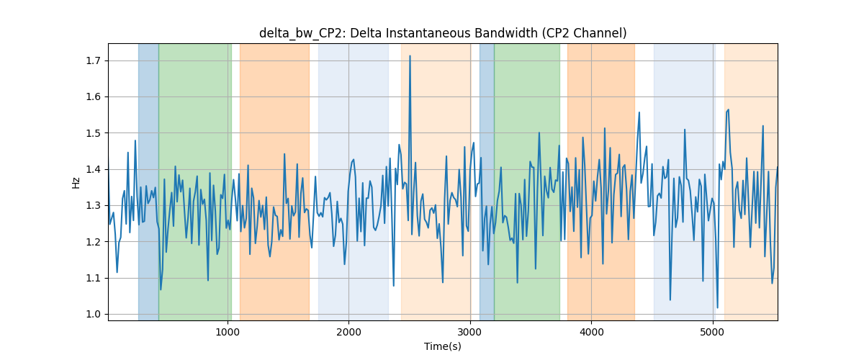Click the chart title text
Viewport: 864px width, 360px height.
pyautogui.click(x=443, y=33)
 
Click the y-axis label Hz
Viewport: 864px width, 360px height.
pyautogui.click(x=76, y=182)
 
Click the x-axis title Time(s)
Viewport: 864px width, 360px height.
pyautogui.click(x=443, y=346)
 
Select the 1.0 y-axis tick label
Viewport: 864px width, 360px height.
pyautogui.click(x=94, y=314)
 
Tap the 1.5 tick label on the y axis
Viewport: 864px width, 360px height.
pyautogui.click(x=94, y=133)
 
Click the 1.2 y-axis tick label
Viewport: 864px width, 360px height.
pyautogui.click(x=94, y=242)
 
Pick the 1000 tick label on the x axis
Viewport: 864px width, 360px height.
pyautogui.click(x=228, y=332)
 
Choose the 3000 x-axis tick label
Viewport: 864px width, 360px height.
pyautogui.click(x=470, y=332)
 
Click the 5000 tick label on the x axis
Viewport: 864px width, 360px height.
pyautogui.click(x=713, y=332)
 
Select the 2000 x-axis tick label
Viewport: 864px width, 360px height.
pyautogui.click(x=348, y=332)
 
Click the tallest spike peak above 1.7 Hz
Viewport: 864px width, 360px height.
pyautogui.click(x=410, y=56)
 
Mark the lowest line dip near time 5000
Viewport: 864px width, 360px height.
pyautogui.click(x=717, y=307)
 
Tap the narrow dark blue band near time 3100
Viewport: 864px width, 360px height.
pyautogui.click(x=487, y=181)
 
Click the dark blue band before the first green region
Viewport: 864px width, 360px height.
pyautogui.click(x=148, y=181)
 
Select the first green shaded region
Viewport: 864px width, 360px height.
pyautogui.click(x=195, y=181)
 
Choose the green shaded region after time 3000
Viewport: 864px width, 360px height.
pyautogui.click(x=527, y=181)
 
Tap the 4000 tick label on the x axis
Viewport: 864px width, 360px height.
pyautogui.click(x=591, y=332)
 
